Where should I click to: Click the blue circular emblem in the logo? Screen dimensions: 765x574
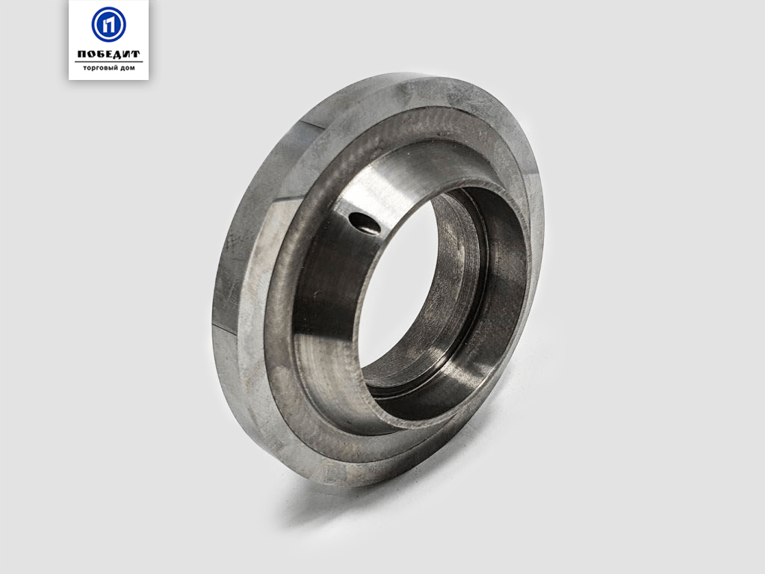(x=108, y=25)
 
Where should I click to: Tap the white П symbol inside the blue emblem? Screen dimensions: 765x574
(x=109, y=25)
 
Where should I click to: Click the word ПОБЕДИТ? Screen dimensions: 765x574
(x=108, y=54)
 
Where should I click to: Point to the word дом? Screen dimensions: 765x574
(x=128, y=68)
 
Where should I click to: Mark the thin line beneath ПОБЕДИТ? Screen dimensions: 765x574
(x=108, y=61)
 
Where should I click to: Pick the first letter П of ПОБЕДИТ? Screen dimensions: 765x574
(x=81, y=54)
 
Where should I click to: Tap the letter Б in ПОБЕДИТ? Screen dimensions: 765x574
(x=100, y=54)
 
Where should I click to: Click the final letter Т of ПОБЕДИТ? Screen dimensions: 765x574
(x=136, y=54)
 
